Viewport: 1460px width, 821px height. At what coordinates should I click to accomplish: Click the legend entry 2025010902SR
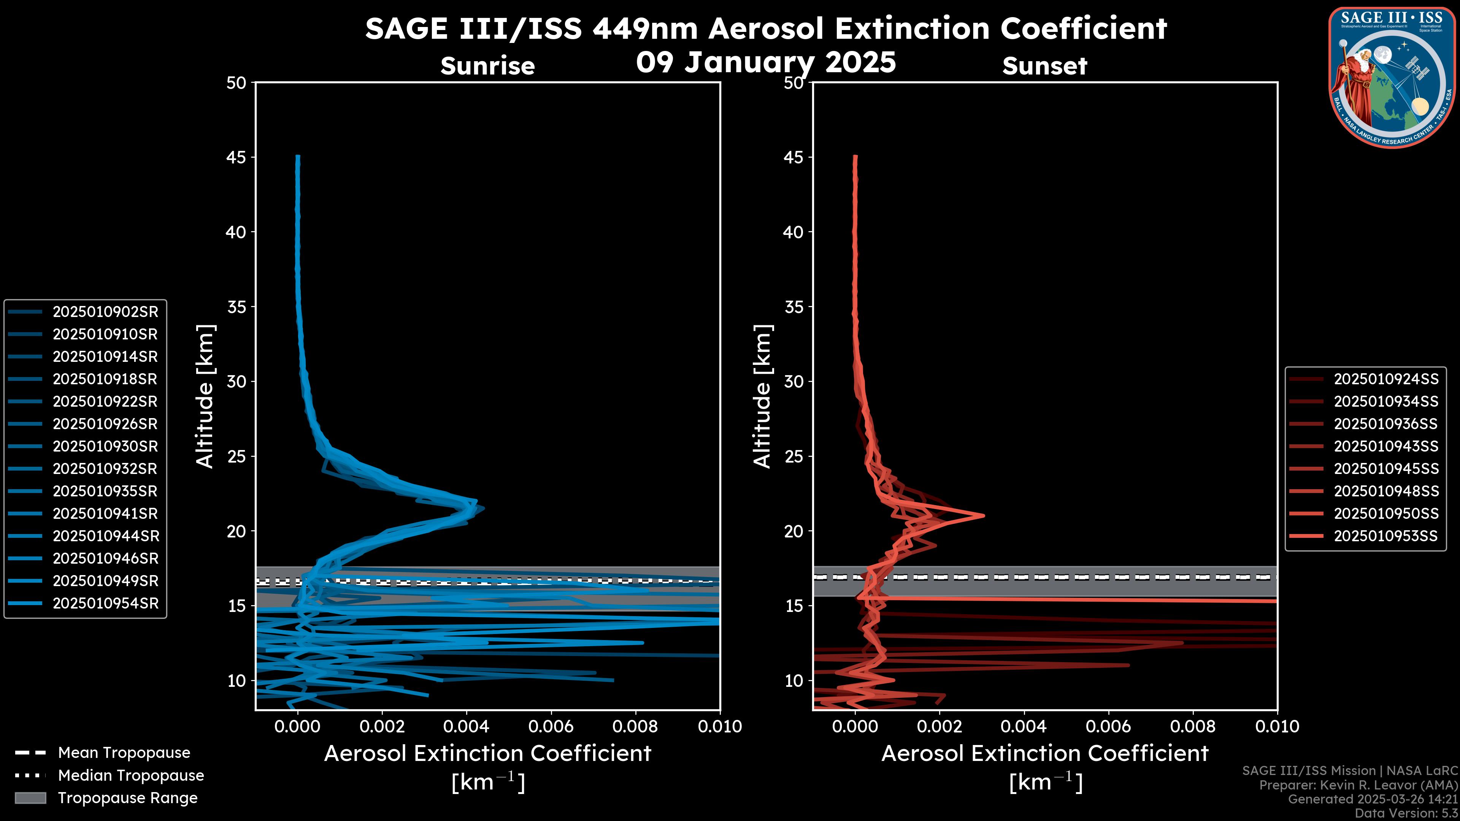click(x=105, y=312)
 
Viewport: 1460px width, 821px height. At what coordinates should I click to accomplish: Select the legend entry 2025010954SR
click(x=105, y=604)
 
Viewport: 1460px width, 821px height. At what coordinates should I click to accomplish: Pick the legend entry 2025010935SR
click(x=105, y=491)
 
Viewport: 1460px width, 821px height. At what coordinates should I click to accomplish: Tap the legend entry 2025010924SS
click(x=1386, y=379)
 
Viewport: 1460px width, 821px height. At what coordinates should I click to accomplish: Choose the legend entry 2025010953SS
click(x=1386, y=536)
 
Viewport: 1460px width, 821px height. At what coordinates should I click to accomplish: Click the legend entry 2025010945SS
click(x=1386, y=469)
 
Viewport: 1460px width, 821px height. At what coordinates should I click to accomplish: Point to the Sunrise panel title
click(x=487, y=66)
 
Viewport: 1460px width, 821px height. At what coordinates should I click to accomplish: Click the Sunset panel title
click(x=1044, y=66)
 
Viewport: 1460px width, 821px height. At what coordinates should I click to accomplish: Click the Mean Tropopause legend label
click(x=124, y=753)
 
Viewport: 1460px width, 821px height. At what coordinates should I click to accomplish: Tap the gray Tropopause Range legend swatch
click(x=30, y=798)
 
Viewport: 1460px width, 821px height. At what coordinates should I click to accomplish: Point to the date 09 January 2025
click(x=766, y=62)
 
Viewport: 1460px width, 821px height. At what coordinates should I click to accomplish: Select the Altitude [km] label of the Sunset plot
click(x=762, y=396)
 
